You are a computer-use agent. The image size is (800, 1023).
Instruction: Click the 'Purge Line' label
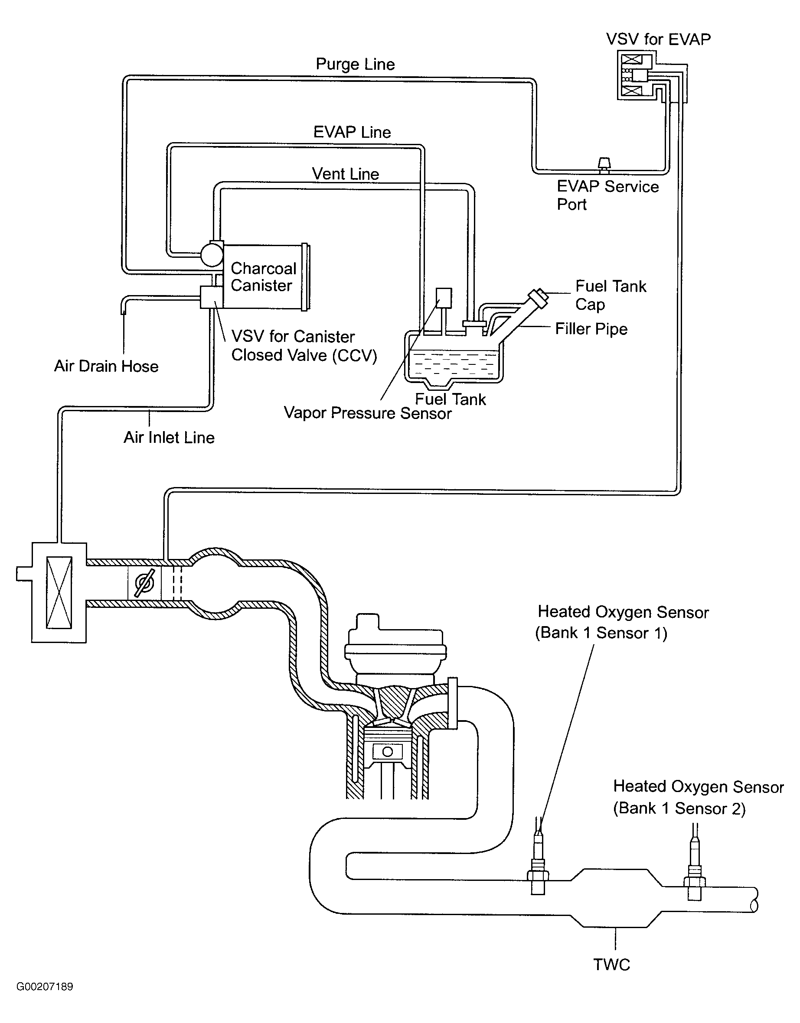click(x=355, y=64)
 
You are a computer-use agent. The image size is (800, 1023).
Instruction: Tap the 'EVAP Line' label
click(x=352, y=132)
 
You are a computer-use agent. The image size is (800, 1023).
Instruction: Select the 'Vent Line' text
click(x=346, y=174)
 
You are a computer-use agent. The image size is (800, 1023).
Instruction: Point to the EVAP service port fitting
click(x=604, y=164)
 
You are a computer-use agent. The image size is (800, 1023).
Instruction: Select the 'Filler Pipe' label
click(x=591, y=329)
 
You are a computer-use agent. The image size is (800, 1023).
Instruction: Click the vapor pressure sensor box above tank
click(x=444, y=297)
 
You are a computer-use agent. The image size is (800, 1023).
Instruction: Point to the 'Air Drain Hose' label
click(x=106, y=366)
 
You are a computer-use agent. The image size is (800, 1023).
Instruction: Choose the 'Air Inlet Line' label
click(x=169, y=438)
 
